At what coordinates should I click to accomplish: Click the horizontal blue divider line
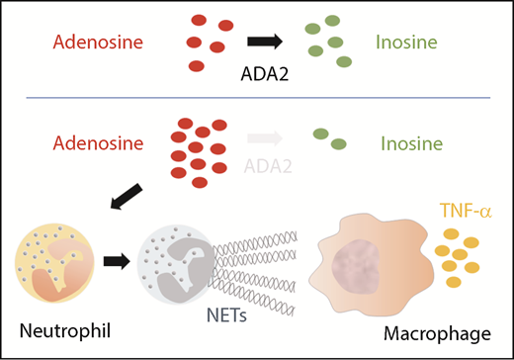click(257, 97)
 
